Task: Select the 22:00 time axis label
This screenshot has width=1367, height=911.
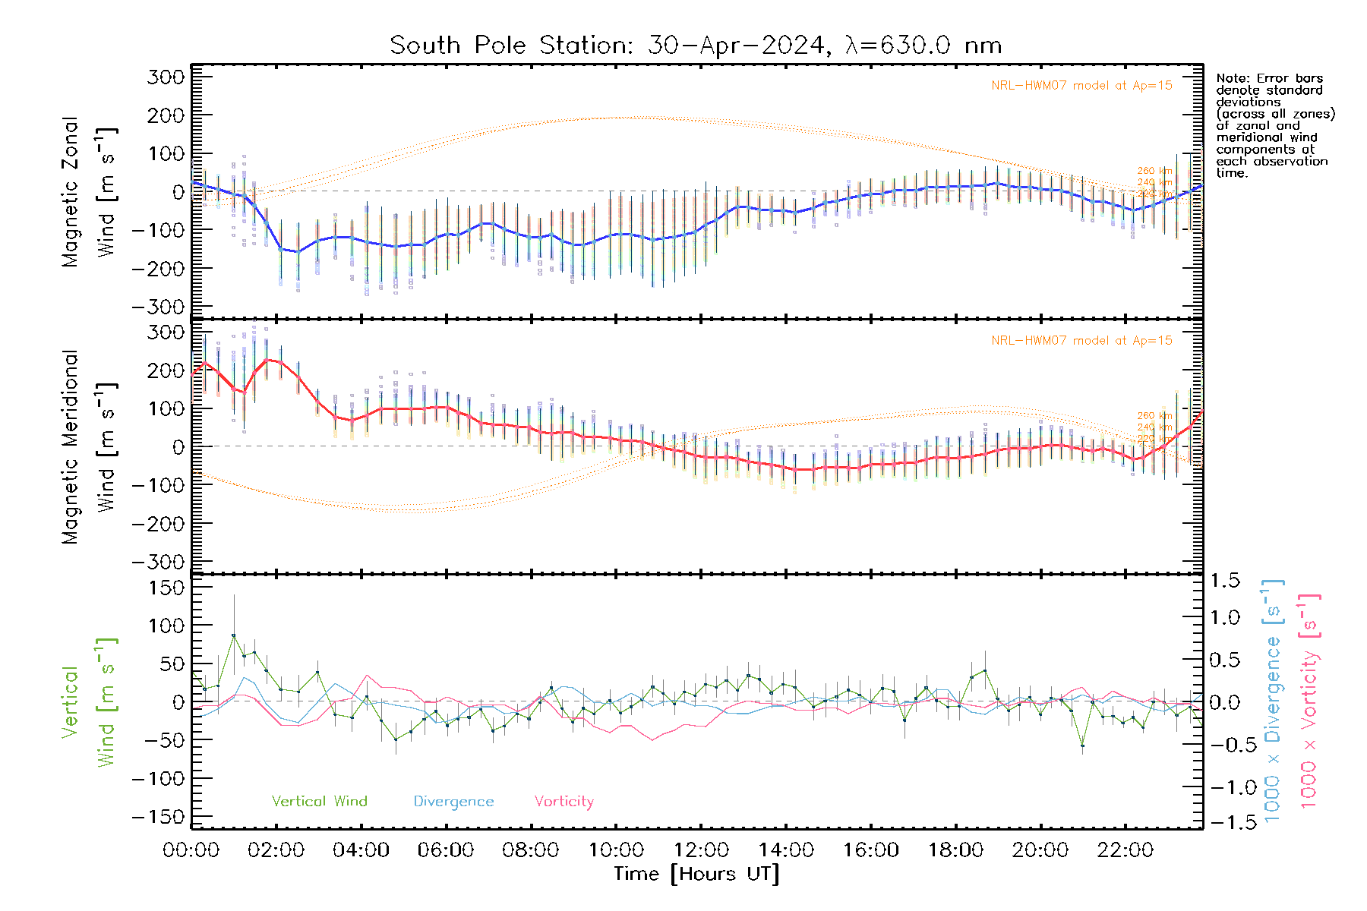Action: (1125, 850)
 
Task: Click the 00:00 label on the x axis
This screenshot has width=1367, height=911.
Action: (191, 850)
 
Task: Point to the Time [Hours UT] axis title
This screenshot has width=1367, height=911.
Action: (696, 874)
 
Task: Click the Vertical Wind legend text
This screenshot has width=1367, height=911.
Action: (319, 802)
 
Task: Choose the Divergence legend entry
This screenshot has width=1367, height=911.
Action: (453, 802)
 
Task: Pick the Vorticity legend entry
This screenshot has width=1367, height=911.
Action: (564, 802)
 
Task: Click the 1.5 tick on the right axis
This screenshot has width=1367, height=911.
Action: (1224, 581)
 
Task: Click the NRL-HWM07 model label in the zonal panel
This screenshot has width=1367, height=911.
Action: (1081, 86)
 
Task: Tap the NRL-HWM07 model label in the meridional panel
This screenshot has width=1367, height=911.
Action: (1081, 341)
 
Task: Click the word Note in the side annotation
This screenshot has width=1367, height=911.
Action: (1232, 78)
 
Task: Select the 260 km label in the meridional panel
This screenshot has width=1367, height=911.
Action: (1154, 416)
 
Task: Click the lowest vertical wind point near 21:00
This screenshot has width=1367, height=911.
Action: (1082, 746)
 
